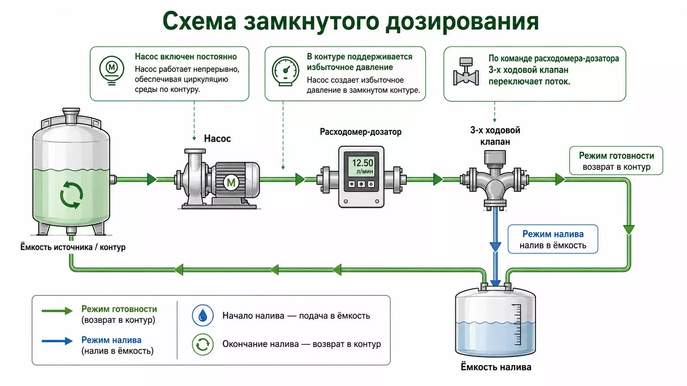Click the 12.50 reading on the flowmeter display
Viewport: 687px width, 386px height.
[362, 162]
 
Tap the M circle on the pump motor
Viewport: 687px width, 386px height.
[231, 183]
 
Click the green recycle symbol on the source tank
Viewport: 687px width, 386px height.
[71, 195]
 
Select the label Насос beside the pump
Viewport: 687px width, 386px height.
[217, 139]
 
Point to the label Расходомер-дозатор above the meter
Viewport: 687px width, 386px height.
[360, 132]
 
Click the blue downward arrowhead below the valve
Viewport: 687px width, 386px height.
[495, 247]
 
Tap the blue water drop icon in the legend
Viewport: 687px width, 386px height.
[203, 315]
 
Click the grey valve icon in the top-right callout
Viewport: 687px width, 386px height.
[466, 72]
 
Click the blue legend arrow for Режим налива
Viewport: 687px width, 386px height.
[57, 341]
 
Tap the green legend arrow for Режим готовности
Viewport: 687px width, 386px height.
[57, 311]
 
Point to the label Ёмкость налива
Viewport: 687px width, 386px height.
[496, 367]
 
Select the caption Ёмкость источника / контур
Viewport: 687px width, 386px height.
[73, 247]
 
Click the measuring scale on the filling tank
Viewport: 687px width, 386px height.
[517, 324]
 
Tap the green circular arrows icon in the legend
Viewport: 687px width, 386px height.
[203, 345]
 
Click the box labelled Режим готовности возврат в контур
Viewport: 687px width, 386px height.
[616, 161]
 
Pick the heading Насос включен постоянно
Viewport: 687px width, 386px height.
[186, 57]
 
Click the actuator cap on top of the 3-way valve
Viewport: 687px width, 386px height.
[495, 157]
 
